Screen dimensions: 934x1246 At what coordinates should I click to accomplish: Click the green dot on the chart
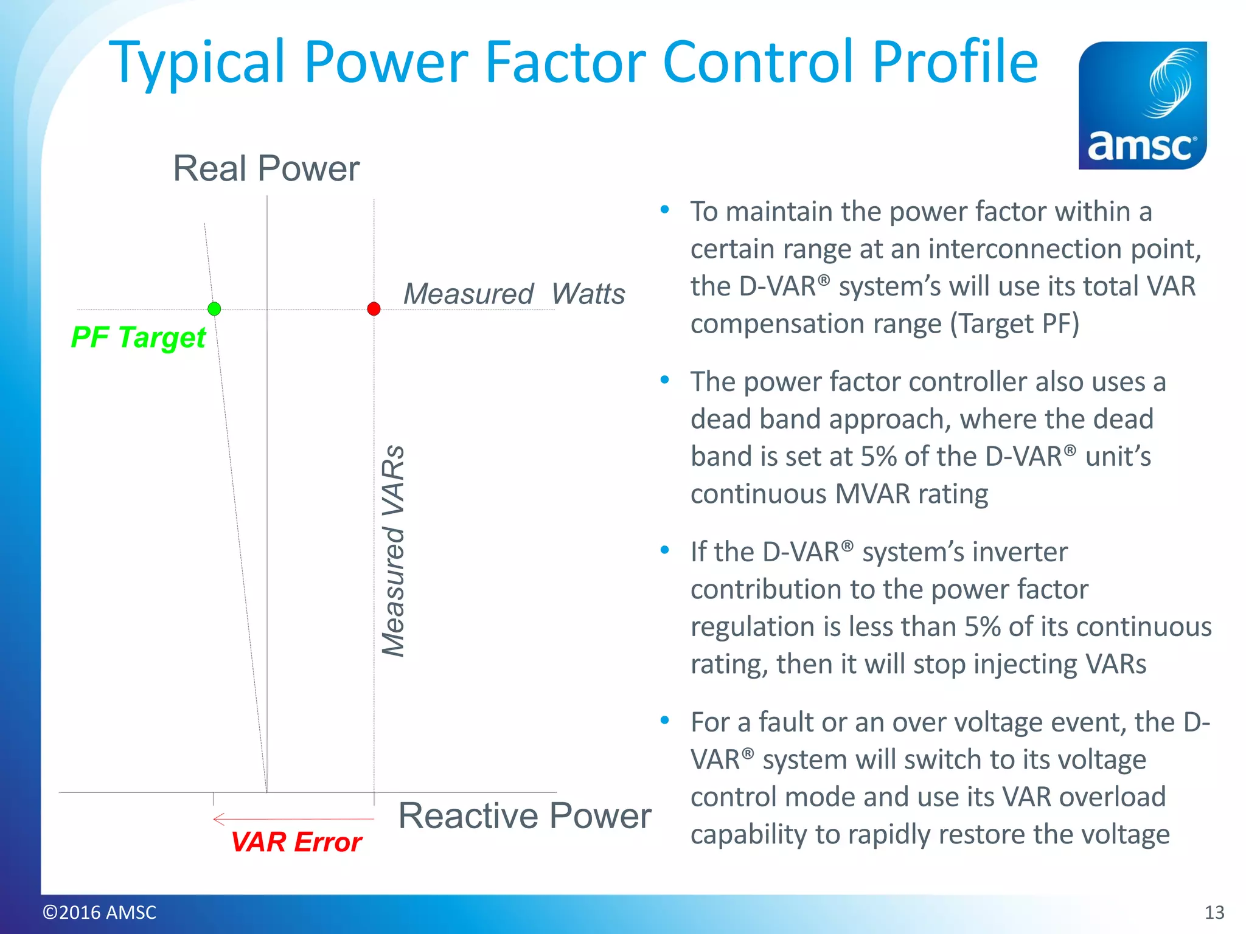point(214,309)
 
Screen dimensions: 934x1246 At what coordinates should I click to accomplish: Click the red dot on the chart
point(374,309)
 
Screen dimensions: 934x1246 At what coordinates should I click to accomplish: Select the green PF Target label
point(139,337)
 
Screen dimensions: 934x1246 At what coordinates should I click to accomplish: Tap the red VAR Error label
point(296,842)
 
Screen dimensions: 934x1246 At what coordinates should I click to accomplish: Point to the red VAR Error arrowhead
point(217,819)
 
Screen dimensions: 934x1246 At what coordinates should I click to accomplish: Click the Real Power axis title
point(266,168)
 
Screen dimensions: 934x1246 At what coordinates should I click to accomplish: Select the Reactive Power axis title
point(524,815)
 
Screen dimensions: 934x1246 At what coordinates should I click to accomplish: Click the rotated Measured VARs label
point(394,551)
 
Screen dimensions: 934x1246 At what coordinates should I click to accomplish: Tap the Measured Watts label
point(514,294)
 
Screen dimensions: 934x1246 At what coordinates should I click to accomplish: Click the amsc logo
point(1143,105)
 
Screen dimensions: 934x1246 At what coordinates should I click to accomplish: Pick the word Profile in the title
point(955,62)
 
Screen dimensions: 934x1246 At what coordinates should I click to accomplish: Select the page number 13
point(1214,912)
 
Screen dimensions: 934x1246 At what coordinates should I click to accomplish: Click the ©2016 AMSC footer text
point(99,912)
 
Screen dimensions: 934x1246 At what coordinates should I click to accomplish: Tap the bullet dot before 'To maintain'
point(665,210)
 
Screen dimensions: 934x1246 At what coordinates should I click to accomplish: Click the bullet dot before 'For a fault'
point(665,721)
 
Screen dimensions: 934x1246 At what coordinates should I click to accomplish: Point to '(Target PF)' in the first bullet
point(1015,323)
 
